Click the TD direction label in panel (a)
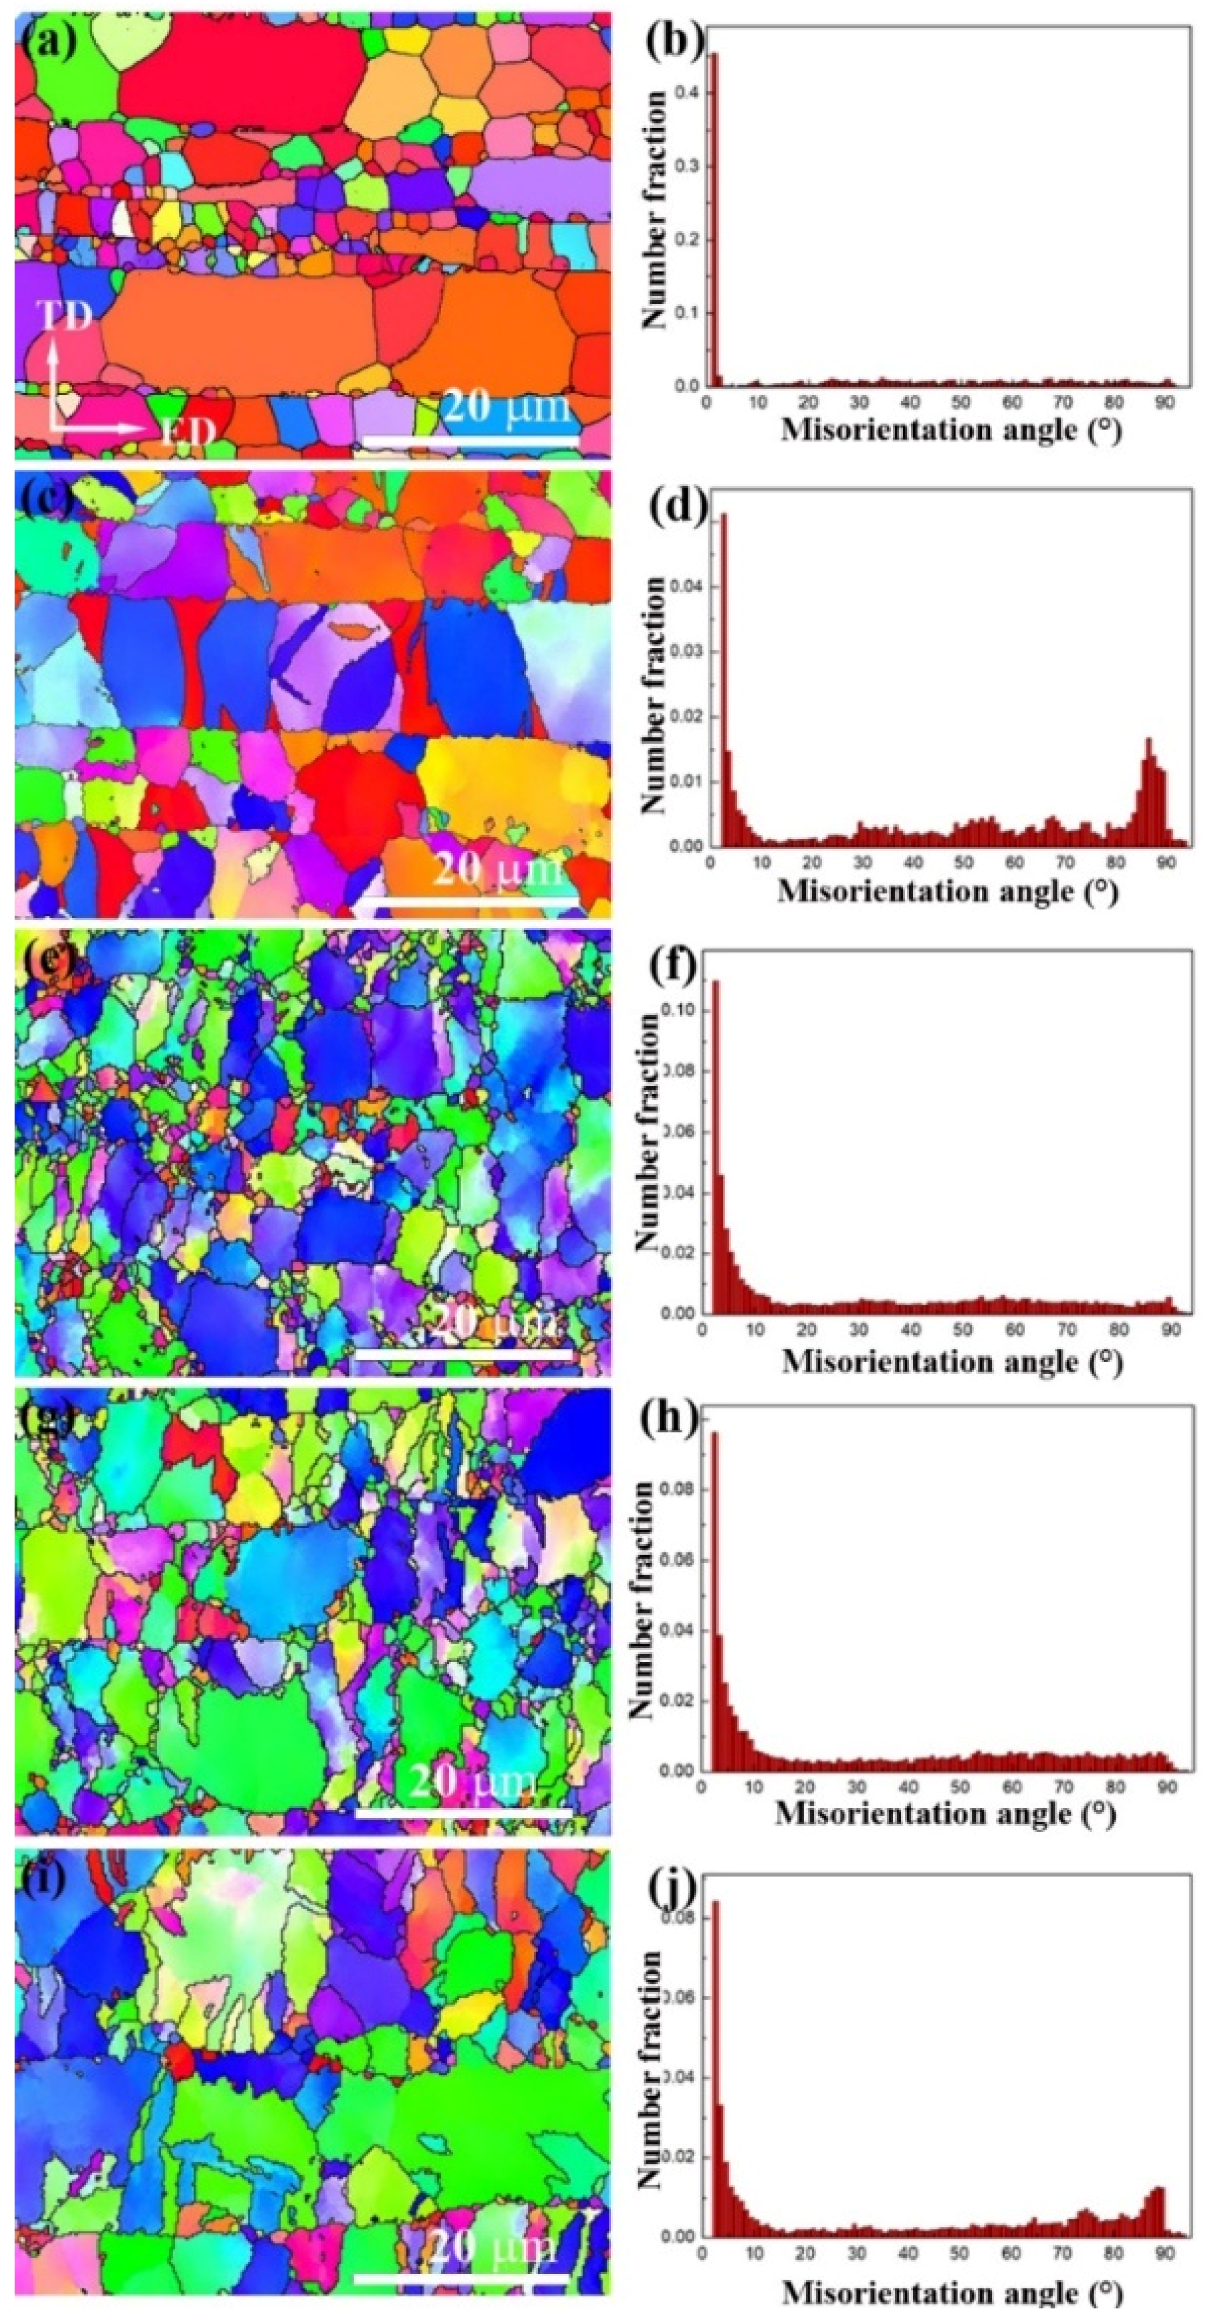64,316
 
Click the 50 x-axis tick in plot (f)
963,1330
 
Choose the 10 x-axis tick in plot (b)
758,402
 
